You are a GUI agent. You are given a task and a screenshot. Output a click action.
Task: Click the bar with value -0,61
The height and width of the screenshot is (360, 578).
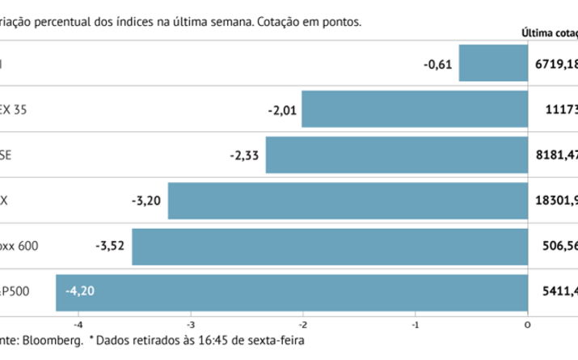click(493, 63)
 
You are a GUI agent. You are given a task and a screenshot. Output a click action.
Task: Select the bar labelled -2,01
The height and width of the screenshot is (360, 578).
click(415, 109)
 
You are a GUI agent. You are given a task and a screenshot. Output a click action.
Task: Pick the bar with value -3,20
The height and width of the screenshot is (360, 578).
click(348, 201)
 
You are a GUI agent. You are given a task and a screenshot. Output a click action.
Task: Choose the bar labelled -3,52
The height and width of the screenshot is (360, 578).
click(330, 246)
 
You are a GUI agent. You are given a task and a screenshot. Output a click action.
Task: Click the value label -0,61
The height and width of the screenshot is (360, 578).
click(439, 63)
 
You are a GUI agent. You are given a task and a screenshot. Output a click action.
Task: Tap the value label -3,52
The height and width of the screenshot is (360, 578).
click(112, 246)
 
